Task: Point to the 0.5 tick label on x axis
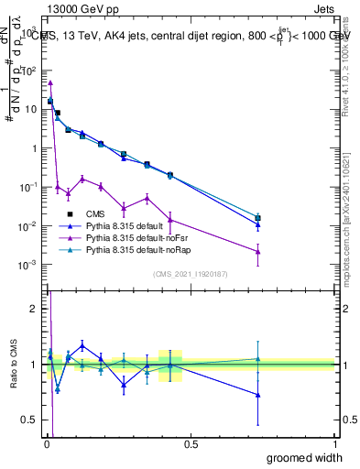pyautogui.click(x=191, y=444)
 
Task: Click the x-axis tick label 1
pyautogui.click(x=334, y=444)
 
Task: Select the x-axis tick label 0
pyautogui.click(x=47, y=444)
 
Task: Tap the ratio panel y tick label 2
pyautogui.click(x=35, y=309)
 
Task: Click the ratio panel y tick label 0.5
pyautogui.click(x=31, y=420)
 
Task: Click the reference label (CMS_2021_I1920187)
pyautogui.click(x=190, y=273)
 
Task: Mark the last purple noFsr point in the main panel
pyautogui.click(x=258, y=252)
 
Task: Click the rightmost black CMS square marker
pyautogui.click(x=258, y=218)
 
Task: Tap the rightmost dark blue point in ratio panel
pyautogui.click(x=258, y=395)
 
